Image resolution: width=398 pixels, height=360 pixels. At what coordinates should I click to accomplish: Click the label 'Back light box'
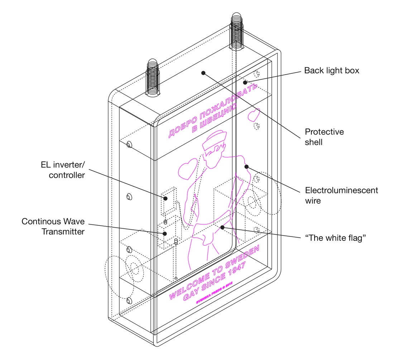tap(331, 70)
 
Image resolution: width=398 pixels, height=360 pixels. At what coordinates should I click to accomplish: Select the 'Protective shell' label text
tap(324, 137)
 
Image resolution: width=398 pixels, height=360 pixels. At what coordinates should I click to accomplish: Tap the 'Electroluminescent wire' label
tap(341, 195)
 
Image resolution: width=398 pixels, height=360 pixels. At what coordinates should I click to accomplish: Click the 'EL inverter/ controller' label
tap(63, 170)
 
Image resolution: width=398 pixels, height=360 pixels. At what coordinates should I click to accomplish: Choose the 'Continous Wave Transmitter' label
tap(53, 226)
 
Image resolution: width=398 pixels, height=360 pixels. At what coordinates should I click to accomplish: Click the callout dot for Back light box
tap(245, 82)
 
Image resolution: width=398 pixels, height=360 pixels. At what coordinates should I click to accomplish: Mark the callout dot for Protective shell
tap(203, 73)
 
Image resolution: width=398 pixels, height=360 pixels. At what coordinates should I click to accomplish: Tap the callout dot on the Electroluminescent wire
tap(246, 166)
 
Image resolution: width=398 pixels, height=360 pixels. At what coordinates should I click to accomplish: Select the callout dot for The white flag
tap(222, 227)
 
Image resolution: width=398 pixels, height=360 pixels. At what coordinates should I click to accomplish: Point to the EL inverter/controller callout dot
tap(166, 198)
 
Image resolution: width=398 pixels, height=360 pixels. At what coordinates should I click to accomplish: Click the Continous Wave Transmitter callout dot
tap(165, 234)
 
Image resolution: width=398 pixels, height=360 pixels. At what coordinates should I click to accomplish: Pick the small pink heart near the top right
tap(254, 115)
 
